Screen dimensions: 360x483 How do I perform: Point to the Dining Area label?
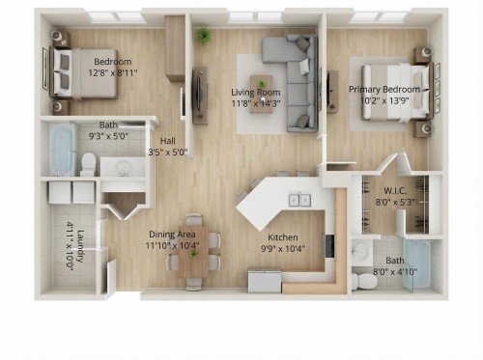174,235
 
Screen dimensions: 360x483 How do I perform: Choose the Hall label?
168,139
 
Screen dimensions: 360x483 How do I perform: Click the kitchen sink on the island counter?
296,200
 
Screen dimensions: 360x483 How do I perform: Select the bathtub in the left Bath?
61,151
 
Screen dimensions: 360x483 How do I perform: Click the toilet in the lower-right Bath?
360,254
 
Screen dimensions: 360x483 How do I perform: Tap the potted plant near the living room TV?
204,36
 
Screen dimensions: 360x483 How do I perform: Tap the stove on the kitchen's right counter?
329,245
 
